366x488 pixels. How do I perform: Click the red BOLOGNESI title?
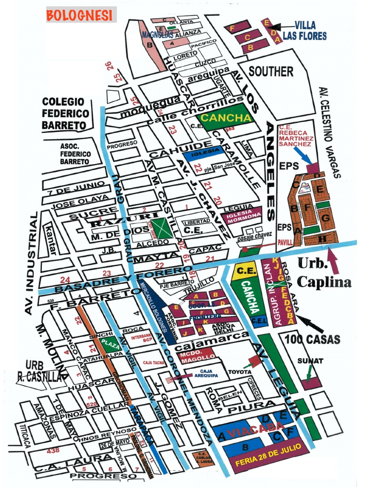click(81, 15)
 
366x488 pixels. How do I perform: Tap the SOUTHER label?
click(271, 72)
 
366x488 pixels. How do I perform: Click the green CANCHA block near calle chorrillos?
click(225, 117)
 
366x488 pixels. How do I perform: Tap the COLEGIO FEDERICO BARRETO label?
click(65, 114)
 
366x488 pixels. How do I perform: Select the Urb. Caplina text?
click(324, 273)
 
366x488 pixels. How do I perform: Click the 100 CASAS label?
click(313, 339)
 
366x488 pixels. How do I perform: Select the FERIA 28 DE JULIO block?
click(267, 461)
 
